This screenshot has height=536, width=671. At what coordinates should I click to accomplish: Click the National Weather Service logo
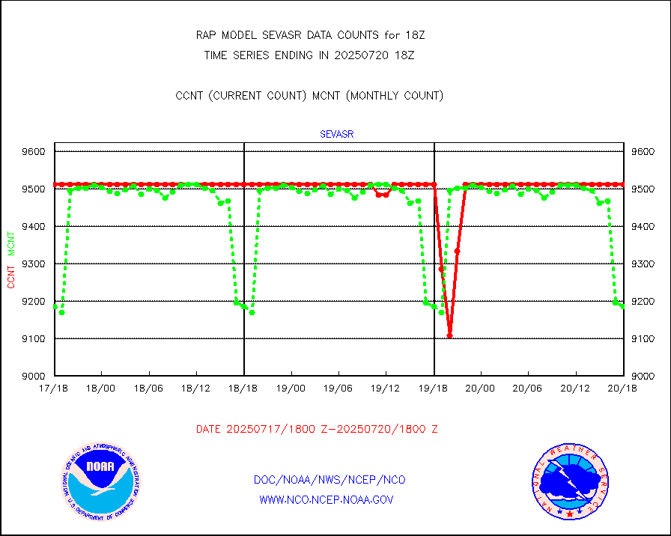click(x=571, y=481)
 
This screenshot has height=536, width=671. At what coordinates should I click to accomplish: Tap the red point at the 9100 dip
click(x=449, y=335)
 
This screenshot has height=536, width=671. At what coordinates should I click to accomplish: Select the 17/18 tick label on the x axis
click(x=55, y=388)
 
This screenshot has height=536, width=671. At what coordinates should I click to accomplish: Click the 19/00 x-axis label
click(x=291, y=388)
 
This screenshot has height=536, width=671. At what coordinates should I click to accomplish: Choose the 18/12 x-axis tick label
click(x=195, y=388)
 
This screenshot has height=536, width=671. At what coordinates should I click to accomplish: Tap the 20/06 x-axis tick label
click(x=528, y=388)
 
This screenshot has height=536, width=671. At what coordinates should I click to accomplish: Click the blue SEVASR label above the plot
click(x=336, y=135)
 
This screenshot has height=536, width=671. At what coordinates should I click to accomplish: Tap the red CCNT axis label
click(x=11, y=276)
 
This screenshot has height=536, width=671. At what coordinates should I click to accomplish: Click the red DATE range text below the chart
click(x=317, y=430)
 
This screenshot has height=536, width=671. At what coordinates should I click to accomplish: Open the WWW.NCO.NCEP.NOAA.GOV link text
click(x=326, y=499)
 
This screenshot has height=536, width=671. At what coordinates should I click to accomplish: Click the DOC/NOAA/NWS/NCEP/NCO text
click(x=330, y=480)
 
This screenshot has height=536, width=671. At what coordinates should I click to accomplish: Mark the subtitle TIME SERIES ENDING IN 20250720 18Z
click(x=309, y=55)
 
